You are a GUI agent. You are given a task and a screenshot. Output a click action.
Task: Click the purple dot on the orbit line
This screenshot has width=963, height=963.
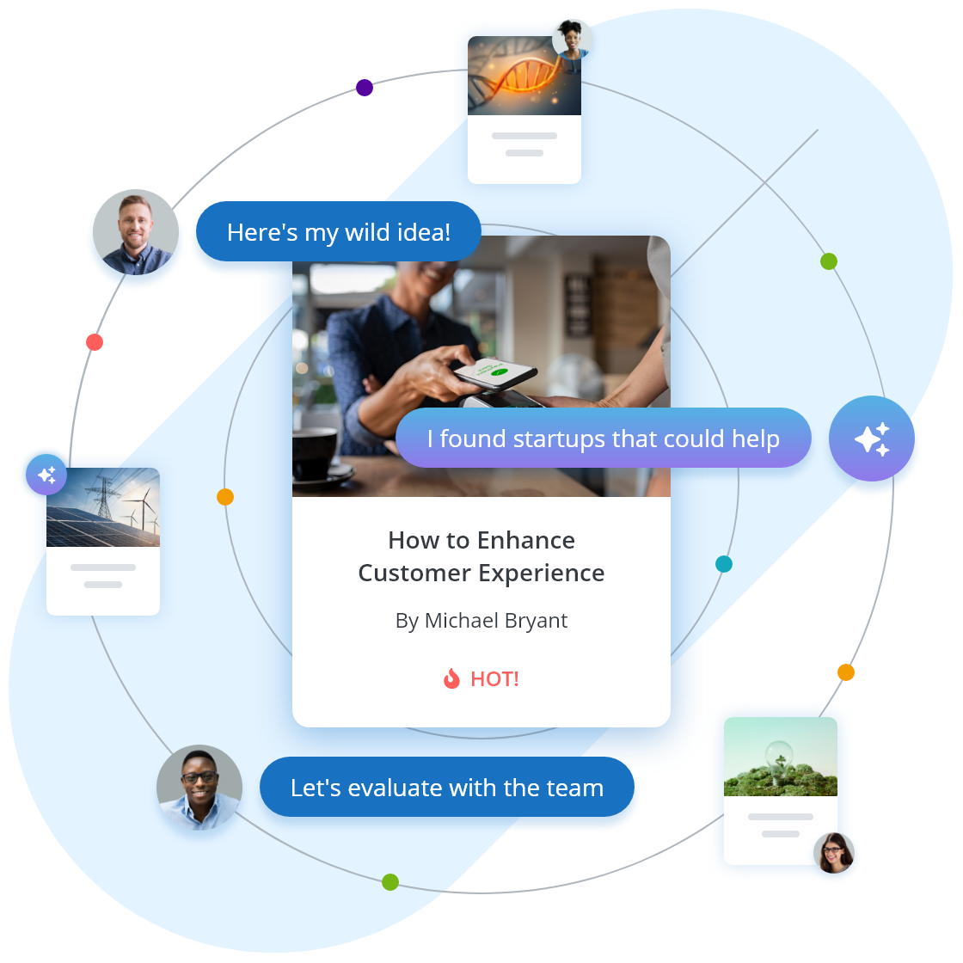tap(365, 88)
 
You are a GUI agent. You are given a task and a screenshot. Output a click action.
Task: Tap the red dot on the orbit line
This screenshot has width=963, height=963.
tap(95, 342)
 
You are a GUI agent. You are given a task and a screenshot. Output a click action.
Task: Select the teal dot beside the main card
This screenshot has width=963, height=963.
tap(724, 564)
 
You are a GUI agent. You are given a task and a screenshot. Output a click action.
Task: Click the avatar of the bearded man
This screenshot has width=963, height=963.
tap(136, 233)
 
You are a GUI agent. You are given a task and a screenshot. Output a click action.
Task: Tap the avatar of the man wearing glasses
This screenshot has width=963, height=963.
tap(199, 788)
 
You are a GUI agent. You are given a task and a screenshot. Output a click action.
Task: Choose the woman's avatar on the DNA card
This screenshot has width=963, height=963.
tap(572, 39)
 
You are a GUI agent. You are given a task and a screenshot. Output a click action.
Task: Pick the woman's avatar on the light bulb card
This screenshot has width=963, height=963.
tap(834, 853)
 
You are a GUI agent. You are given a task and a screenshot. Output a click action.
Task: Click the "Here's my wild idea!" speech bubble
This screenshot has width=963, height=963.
tap(338, 232)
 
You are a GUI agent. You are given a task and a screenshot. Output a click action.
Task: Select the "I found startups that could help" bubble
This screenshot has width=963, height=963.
tap(603, 439)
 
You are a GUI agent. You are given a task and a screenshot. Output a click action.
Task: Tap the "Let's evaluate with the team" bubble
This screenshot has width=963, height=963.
tap(447, 788)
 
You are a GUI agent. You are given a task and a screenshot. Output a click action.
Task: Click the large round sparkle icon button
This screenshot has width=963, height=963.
tap(872, 439)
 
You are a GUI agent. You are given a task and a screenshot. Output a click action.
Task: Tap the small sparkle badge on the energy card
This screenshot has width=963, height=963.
tap(46, 475)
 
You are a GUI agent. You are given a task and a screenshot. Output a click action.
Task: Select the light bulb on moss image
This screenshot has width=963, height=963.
tap(781, 757)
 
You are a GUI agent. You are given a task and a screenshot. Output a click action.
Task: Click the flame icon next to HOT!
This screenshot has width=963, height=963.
tap(451, 679)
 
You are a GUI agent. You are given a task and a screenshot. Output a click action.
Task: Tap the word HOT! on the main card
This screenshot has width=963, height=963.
tap(494, 679)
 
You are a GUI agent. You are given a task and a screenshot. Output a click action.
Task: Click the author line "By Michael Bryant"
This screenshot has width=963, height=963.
tap(482, 621)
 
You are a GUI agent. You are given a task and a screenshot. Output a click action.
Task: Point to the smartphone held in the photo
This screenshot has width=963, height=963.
tap(494, 372)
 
